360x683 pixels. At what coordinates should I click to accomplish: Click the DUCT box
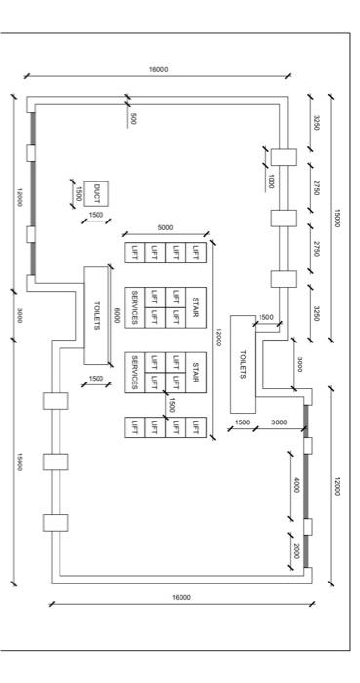(96, 192)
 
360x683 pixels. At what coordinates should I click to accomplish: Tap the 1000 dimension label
(272, 181)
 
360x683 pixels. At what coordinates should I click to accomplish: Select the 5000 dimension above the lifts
(163, 228)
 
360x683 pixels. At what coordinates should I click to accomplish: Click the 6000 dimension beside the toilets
(117, 315)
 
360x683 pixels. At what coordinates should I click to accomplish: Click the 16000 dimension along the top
(158, 70)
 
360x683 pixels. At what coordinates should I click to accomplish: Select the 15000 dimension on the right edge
(337, 217)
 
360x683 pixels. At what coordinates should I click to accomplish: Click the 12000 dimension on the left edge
(20, 192)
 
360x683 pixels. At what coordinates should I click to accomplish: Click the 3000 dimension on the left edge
(20, 314)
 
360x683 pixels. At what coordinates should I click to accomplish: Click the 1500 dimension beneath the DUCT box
(96, 215)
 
